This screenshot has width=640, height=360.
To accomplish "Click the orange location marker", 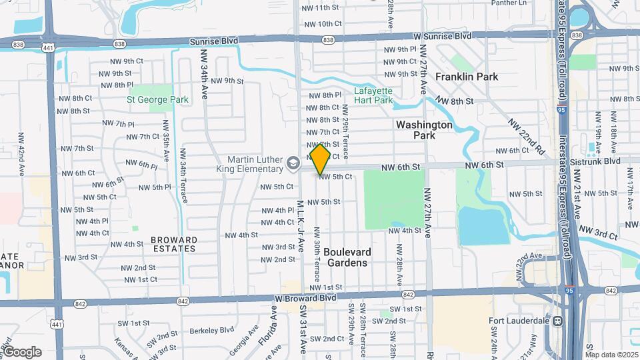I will tap(320, 159).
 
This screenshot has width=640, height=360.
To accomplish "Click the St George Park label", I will tap(158, 100).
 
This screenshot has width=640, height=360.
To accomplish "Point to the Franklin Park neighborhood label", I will tap(467, 77).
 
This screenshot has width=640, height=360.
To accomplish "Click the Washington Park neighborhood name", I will tap(424, 130).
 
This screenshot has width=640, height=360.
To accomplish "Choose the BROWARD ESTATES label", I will tap(173, 244).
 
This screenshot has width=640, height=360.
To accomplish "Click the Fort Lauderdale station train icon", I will tap(557, 321).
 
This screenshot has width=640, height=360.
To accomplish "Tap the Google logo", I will tap(22, 351).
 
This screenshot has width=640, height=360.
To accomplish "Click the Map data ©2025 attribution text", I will tap(611, 355).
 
